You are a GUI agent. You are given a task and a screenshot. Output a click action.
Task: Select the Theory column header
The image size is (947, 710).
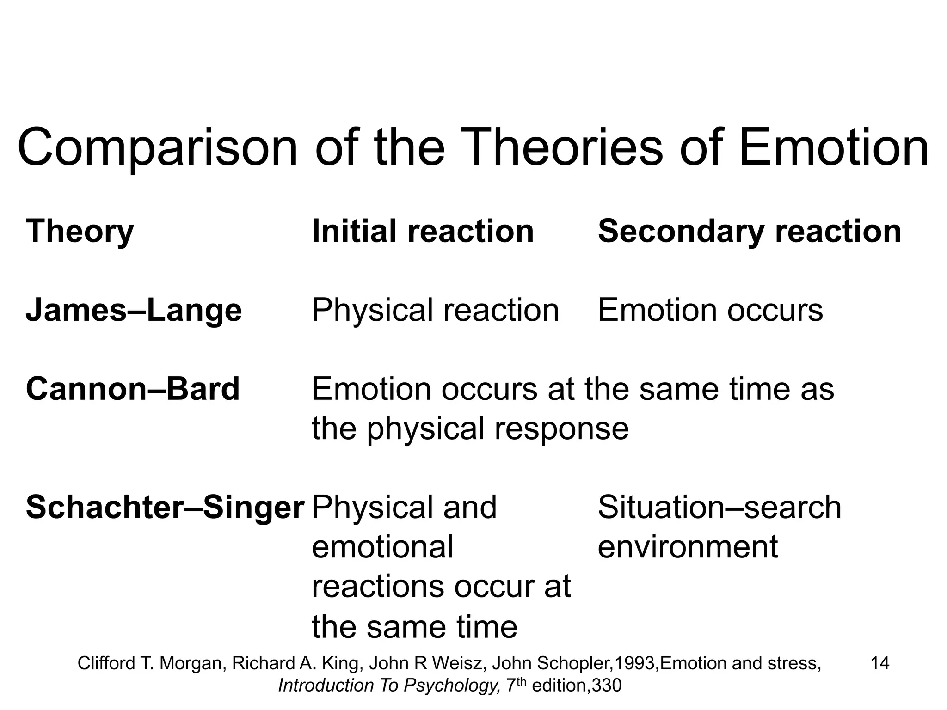(80, 231)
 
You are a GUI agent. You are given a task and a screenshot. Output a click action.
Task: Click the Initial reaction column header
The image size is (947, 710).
(423, 231)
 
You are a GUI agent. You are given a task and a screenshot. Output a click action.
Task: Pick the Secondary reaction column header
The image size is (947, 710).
(749, 231)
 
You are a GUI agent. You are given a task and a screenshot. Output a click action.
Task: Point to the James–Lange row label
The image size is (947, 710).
(134, 310)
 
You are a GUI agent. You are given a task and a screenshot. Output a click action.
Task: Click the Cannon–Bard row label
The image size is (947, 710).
(133, 389)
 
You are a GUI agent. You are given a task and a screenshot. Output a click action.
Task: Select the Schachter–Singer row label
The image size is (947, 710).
(165, 508)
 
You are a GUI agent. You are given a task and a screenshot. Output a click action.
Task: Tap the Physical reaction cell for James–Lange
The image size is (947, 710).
(435, 310)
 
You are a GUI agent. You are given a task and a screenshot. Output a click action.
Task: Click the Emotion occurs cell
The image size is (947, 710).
(710, 310)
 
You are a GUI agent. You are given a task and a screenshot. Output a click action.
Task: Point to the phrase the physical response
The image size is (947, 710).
(470, 428)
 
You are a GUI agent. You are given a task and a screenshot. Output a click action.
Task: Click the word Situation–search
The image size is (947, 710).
(719, 508)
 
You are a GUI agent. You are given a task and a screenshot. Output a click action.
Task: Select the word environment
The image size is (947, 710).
(688, 547)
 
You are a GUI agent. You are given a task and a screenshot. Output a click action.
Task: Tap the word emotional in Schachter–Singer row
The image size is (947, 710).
(382, 547)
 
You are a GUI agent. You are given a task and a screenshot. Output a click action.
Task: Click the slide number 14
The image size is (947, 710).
(879, 663)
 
